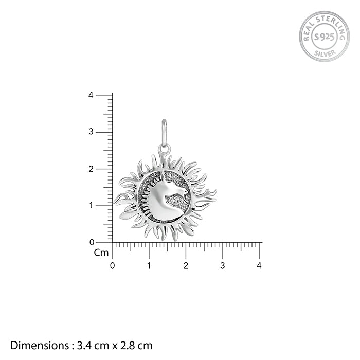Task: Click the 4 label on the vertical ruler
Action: (x=91, y=95)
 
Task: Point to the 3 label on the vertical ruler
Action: (x=91, y=132)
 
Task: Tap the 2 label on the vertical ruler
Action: (x=91, y=169)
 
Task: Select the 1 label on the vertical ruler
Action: (x=92, y=205)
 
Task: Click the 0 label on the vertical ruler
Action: (x=92, y=242)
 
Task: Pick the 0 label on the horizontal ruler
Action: (x=112, y=266)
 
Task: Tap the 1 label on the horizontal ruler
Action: (x=149, y=266)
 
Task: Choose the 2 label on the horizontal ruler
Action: (x=186, y=266)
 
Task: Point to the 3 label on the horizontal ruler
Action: (x=223, y=266)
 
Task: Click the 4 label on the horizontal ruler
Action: (x=259, y=266)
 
